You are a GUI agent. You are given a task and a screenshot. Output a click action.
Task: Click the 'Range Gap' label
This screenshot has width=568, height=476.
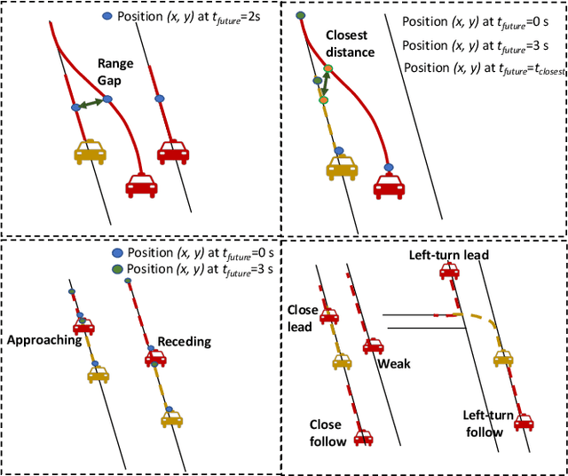tap(115, 73)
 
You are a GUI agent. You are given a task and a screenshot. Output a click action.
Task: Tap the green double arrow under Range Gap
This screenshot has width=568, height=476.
tap(91, 104)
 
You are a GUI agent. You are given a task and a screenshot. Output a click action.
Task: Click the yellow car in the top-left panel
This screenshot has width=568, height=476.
tap(90, 152)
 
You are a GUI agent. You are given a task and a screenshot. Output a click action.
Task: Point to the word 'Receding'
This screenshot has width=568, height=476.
tap(184, 342)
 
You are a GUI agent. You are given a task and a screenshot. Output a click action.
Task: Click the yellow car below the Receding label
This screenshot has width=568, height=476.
tap(172, 416)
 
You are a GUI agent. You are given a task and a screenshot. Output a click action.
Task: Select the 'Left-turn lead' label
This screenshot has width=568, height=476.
tap(449, 256)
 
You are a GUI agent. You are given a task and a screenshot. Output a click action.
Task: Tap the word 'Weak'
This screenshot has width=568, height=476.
tap(392, 364)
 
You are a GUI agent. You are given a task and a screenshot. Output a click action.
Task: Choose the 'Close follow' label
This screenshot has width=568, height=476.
tap(325, 433)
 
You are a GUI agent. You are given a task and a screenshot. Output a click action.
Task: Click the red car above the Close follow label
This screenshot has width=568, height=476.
tap(363, 437)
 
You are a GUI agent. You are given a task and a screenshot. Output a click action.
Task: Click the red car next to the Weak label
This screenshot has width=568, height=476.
tap(374, 345)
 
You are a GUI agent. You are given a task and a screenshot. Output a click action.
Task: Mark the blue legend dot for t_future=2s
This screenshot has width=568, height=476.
tap(107, 17)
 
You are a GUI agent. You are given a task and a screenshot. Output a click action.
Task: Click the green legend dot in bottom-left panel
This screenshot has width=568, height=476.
tap(118, 270)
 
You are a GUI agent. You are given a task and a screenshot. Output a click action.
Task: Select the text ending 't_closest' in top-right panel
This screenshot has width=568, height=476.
tap(485, 67)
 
